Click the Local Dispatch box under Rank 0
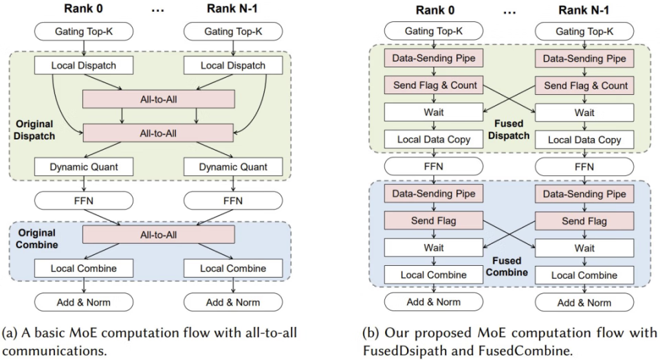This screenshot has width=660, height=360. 84,65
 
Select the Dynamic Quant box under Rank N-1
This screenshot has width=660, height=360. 233,167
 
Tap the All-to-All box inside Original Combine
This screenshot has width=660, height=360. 158,235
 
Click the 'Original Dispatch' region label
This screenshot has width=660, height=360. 34,130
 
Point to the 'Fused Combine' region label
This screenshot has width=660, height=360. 507,266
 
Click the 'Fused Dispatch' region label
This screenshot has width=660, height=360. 509,130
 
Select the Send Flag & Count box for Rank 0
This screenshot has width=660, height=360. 434,85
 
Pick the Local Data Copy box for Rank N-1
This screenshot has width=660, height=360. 584,140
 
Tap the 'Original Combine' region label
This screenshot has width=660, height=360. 36,238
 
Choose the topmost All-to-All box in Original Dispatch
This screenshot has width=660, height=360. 158,99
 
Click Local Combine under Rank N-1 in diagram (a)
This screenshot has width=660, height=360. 233,269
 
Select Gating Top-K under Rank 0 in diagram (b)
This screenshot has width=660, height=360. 434,31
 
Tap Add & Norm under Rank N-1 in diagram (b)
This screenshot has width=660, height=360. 584,302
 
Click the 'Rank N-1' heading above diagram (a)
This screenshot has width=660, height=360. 232,8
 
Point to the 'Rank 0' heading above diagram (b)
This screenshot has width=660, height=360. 435,10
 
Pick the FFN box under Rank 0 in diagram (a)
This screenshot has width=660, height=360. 84,201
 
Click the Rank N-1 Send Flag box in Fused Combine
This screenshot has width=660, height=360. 584,221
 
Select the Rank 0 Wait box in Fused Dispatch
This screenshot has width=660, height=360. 434,112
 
